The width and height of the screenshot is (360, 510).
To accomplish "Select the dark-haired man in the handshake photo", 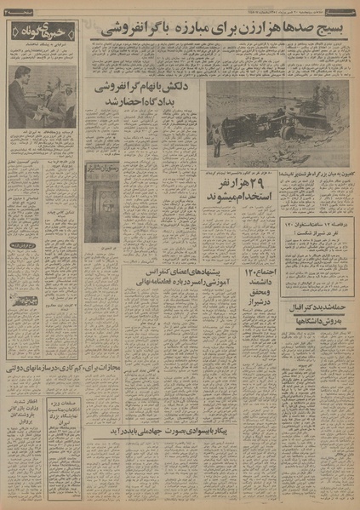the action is [20, 95].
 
